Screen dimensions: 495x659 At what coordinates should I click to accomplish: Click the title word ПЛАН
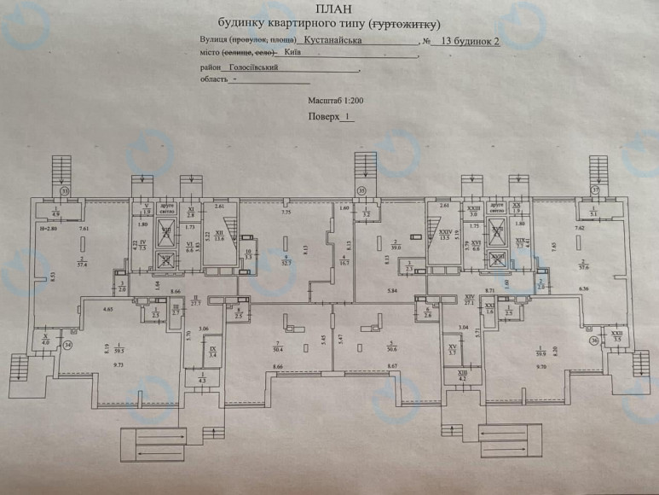click(330, 11)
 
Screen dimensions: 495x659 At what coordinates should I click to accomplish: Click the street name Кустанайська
click(332, 39)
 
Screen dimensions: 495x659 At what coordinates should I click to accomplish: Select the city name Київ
click(294, 53)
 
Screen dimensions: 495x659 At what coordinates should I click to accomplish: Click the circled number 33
click(64, 190)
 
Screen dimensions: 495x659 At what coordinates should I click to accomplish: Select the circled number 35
click(361, 190)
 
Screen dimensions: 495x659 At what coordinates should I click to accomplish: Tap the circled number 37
click(596, 190)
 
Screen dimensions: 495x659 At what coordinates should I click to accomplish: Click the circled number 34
click(67, 345)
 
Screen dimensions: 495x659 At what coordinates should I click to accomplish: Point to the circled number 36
click(593, 340)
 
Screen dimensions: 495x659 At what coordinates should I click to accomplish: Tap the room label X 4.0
click(45, 341)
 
